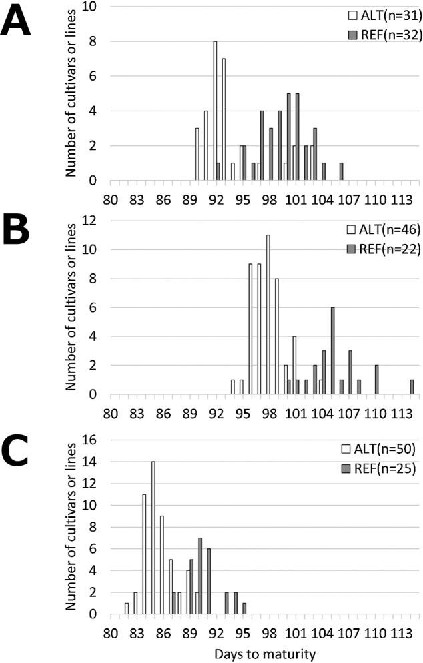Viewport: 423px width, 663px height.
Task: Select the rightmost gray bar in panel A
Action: coord(341,172)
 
